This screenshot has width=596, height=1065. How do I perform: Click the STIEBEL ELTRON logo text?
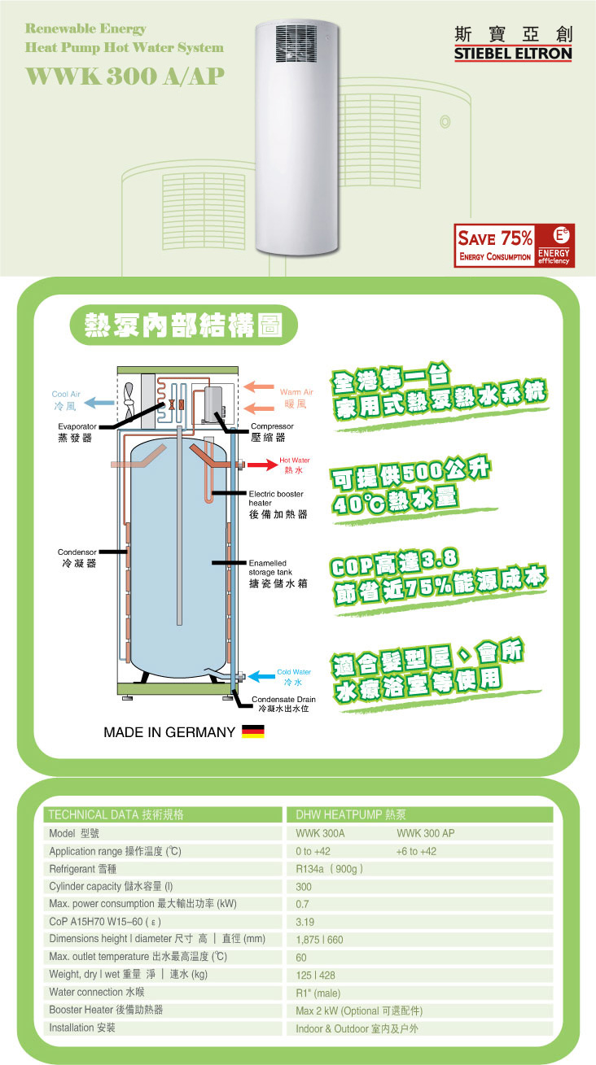coord(513,54)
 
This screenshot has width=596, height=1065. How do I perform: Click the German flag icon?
coord(253,732)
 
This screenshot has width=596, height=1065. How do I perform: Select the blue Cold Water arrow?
coord(261,675)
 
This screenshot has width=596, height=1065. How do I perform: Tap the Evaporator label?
coord(77,426)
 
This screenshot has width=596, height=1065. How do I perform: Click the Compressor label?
coord(272,426)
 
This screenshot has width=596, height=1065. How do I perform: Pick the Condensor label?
coord(77,552)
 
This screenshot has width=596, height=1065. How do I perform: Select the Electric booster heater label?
coord(276,498)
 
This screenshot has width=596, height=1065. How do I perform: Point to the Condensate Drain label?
coord(283,700)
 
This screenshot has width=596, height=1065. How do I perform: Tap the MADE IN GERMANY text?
coord(169,732)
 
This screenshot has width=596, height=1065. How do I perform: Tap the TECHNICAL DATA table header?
coord(116,814)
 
